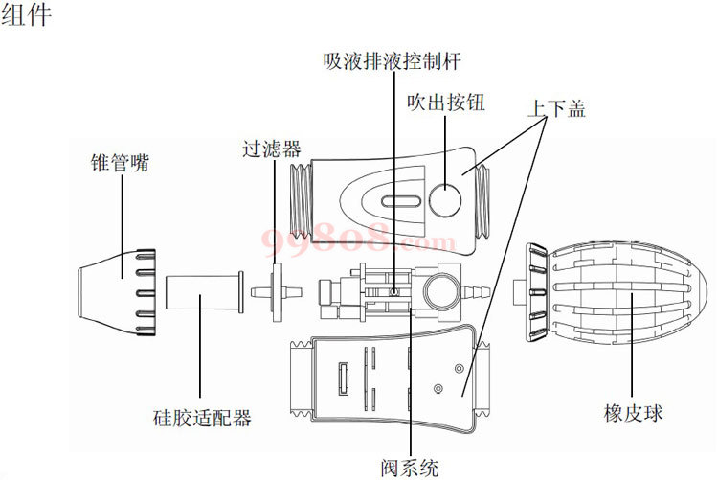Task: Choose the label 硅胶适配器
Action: pos(202,418)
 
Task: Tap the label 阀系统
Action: pos(409,469)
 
